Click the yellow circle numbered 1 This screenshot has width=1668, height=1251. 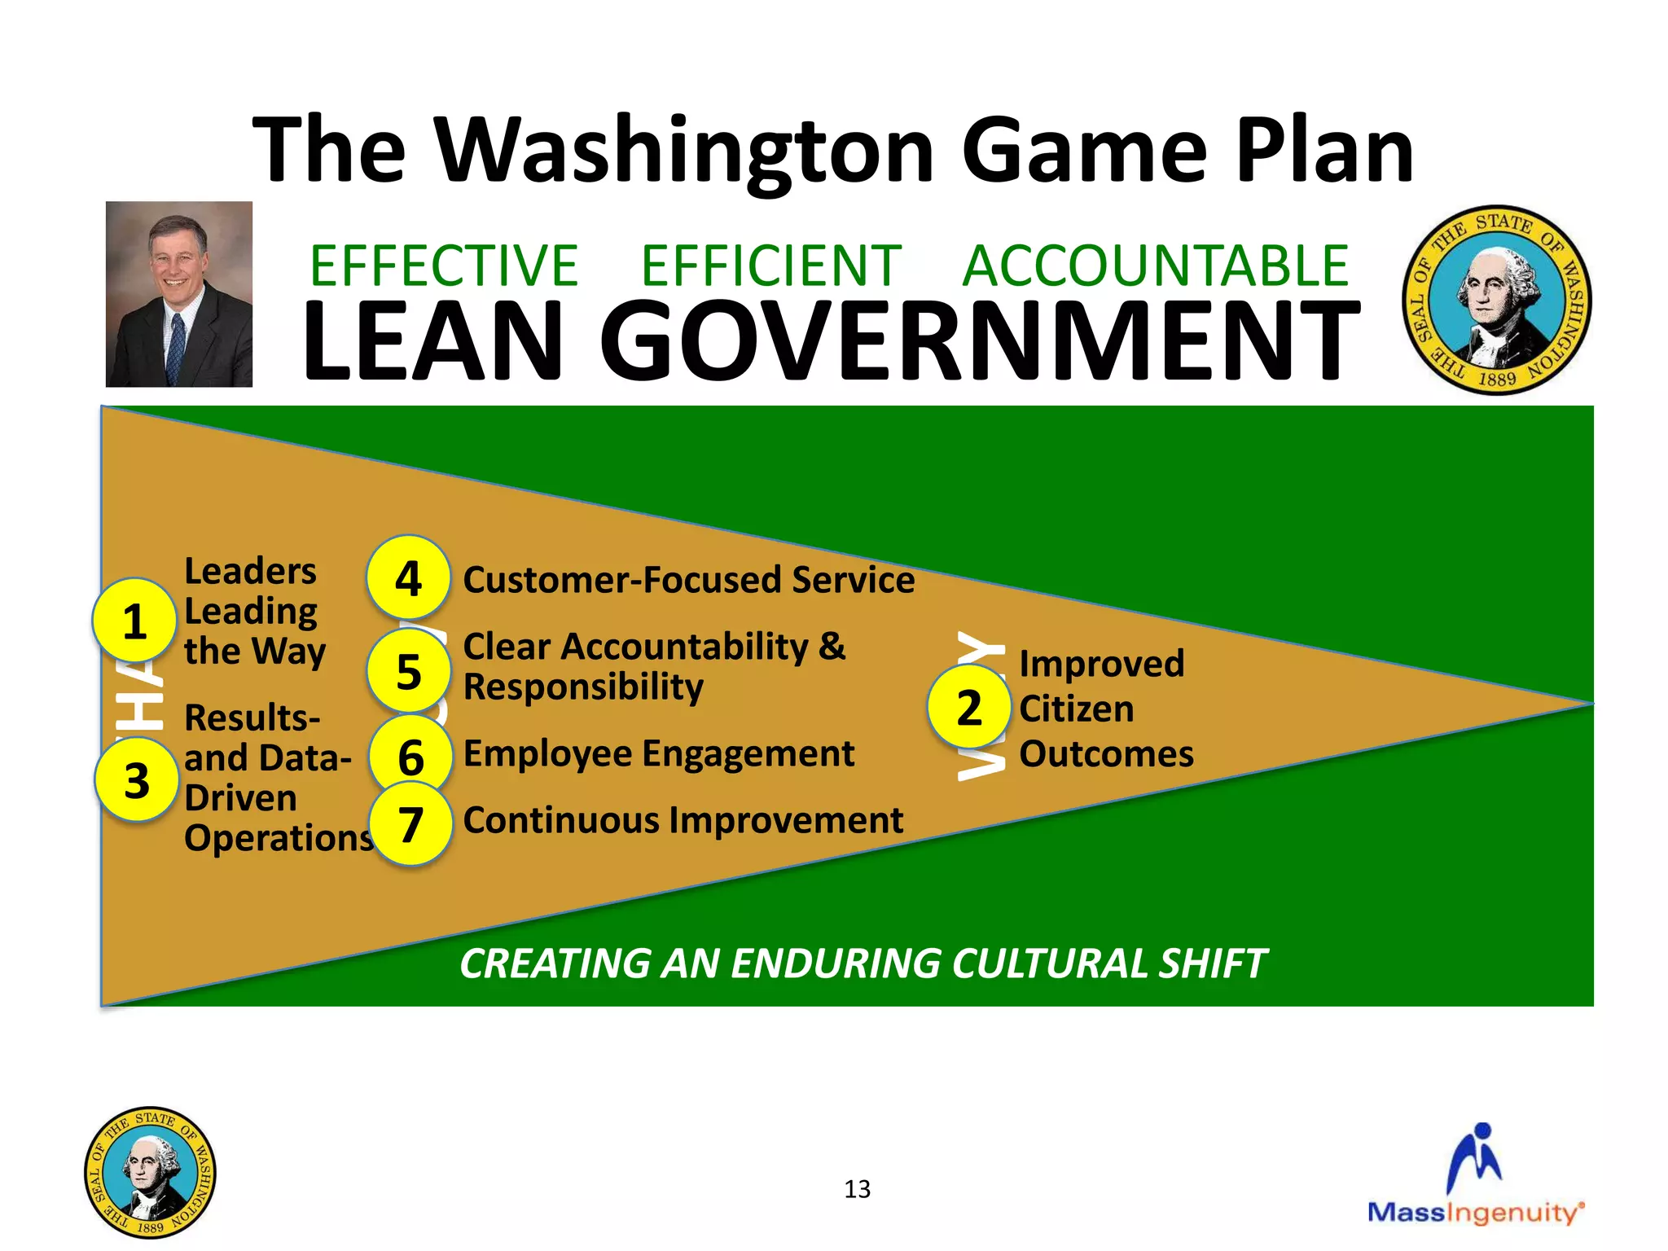[134, 621]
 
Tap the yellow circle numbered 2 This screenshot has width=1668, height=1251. [969, 707]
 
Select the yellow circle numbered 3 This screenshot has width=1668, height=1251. [137, 779]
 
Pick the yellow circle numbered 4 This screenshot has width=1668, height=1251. [408, 577]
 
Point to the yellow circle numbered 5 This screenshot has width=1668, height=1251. [409, 671]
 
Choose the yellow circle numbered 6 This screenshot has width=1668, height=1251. [410, 757]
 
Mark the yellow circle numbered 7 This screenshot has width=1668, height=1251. [410, 823]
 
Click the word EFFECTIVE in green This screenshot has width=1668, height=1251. [444, 266]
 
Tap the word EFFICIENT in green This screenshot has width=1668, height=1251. [770, 266]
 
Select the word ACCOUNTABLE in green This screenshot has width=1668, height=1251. [1156, 266]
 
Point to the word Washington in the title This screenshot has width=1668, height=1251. [685, 150]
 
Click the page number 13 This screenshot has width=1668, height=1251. [857, 1189]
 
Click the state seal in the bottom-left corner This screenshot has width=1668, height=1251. [150, 1172]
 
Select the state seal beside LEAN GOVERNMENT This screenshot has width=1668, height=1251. [1496, 300]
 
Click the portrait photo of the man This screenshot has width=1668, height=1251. [179, 294]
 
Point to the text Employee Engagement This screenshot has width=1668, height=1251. [658, 753]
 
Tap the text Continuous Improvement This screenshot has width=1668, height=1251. [683, 820]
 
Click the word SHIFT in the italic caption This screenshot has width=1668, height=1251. [1213, 963]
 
